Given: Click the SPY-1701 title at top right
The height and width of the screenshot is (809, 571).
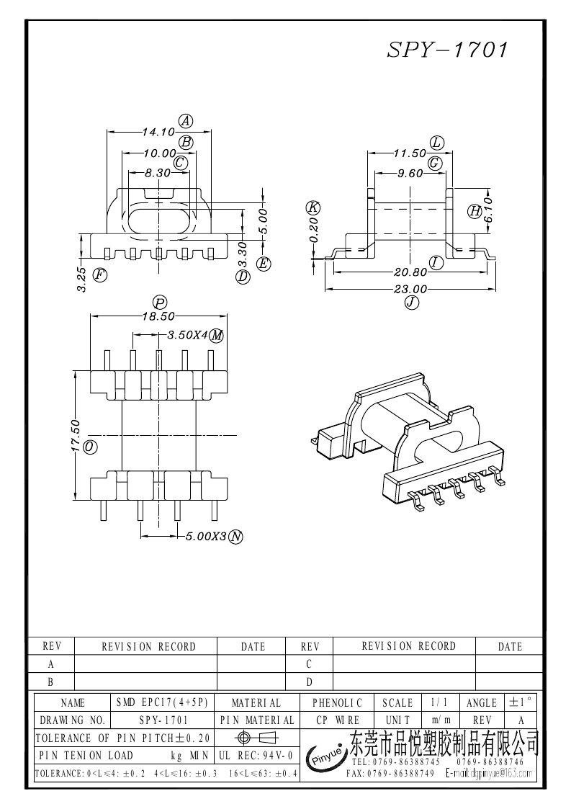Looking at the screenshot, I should click(449, 49).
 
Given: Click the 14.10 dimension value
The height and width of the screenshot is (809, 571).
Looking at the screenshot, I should click(158, 132).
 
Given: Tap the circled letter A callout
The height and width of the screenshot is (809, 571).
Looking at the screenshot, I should click(186, 120).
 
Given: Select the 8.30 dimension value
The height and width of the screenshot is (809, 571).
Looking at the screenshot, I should click(158, 173).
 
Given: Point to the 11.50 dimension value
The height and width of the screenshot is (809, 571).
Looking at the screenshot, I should click(410, 153).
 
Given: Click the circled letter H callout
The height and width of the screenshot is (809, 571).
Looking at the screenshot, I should click(475, 211).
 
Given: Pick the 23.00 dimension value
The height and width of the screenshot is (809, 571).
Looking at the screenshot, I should click(410, 290).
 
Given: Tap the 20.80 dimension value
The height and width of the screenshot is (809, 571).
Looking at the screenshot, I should click(409, 272).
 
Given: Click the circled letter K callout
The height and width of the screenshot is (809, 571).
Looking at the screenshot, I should click(313, 207).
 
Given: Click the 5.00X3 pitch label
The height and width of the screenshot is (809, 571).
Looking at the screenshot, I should click(206, 537).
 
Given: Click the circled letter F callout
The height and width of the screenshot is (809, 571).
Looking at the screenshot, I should click(100, 274).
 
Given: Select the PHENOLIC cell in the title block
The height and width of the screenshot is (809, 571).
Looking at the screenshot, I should click(338, 702).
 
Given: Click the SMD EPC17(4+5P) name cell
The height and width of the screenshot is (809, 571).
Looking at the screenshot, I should click(162, 702).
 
